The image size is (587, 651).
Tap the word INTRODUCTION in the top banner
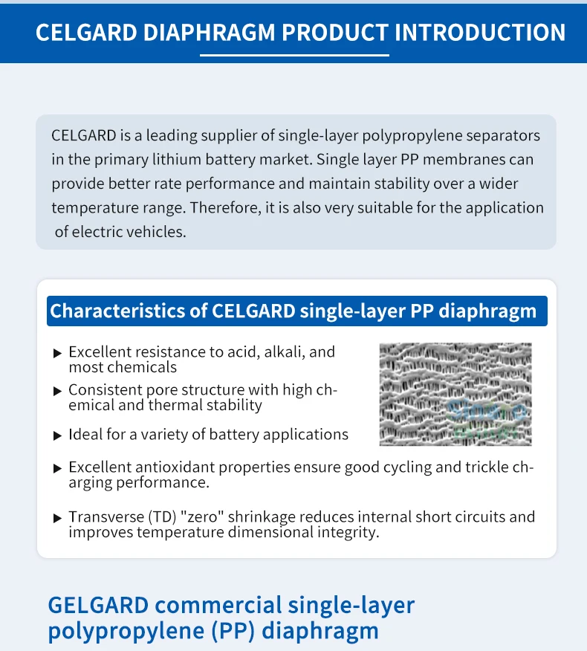click(480, 33)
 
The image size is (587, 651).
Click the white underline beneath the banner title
click(294, 54)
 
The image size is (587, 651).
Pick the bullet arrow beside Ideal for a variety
click(57, 435)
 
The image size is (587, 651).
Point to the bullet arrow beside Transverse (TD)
click(57, 518)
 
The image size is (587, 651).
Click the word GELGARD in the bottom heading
click(100, 604)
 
